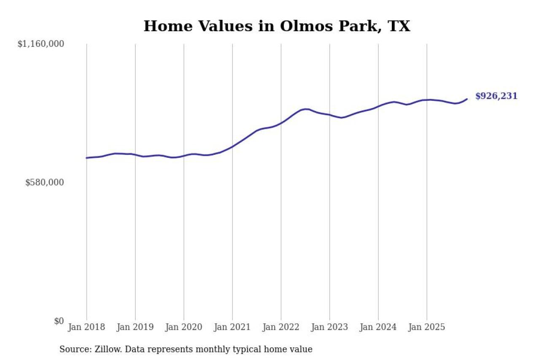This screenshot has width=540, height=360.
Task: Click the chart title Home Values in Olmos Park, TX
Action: point(276,26)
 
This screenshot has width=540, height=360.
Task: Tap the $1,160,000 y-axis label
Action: point(40,44)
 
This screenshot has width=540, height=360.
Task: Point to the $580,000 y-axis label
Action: point(44,182)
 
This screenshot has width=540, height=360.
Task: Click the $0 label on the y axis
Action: point(59,321)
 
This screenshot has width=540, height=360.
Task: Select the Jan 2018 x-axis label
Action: point(86,328)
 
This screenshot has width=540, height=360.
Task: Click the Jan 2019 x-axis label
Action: point(135,328)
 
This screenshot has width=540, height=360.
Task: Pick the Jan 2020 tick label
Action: point(184,328)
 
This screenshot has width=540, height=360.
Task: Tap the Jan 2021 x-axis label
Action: point(232,328)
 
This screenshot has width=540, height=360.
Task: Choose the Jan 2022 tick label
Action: point(281,328)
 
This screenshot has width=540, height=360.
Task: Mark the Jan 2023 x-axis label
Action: point(329,328)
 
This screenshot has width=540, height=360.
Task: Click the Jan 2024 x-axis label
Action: point(378,328)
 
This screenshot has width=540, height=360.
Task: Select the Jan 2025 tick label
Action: point(427,328)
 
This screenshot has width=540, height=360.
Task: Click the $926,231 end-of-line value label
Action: point(496,96)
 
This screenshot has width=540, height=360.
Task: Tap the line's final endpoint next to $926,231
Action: point(467,99)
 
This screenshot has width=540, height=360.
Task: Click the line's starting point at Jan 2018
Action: point(86,158)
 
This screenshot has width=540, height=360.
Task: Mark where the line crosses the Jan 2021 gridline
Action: point(232,146)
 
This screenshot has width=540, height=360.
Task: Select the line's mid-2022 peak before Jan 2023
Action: point(306,109)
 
